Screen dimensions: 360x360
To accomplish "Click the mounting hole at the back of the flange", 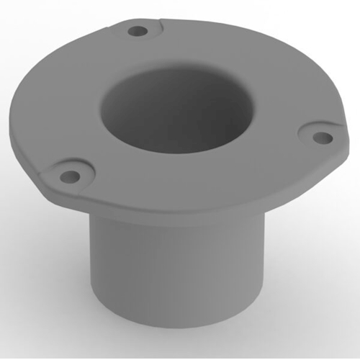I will (x=139, y=32).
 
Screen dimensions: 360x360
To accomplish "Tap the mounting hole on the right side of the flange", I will (x=323, y=137).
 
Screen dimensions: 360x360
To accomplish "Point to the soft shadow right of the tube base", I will (x=302, y=317).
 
